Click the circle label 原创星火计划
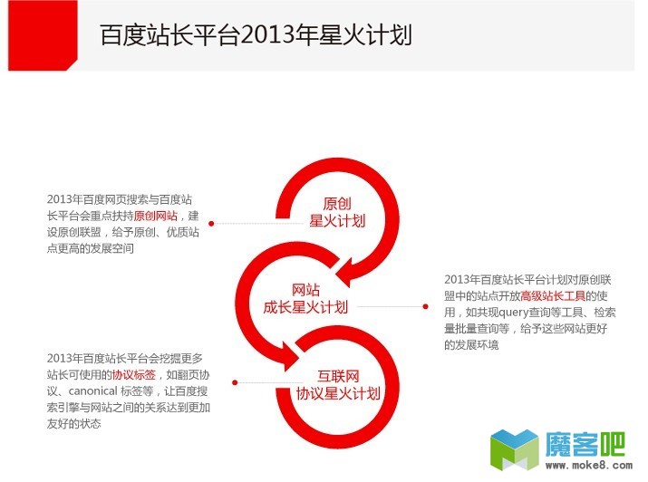point(337,211)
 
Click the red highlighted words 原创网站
point(155,216)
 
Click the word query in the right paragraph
point(513,312)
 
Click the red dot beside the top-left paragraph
point(211,222)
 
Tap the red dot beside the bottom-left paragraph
point(235,381)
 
